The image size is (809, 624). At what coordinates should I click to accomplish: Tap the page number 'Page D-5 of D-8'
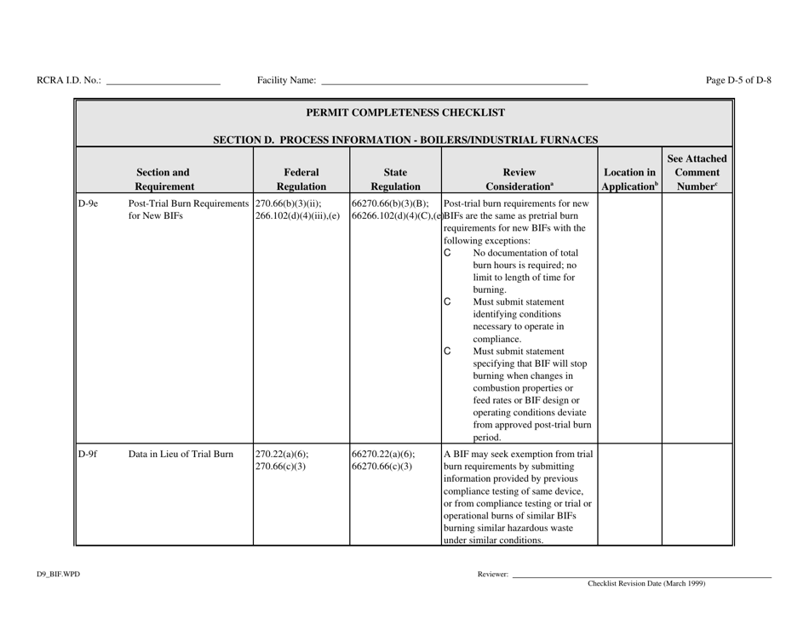coord(738,80)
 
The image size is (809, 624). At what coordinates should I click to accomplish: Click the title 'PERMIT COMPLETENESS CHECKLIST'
coord(404,112)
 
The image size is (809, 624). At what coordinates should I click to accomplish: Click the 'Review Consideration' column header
coord(519,178)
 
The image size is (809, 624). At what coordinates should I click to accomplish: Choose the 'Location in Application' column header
coord(629,178)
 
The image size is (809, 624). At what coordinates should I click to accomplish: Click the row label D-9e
coord(89,203)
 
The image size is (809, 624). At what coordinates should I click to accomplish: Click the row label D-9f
coord(89,453)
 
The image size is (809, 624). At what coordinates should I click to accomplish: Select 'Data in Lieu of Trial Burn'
coord(181,453)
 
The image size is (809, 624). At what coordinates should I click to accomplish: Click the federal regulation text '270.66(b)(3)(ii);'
coord(288,203)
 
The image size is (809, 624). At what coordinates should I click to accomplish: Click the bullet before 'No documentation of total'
coord(449,253)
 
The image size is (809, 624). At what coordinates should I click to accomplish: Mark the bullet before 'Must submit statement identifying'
coord(449,302)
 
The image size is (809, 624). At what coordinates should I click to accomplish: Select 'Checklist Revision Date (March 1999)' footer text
coord(645,584)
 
